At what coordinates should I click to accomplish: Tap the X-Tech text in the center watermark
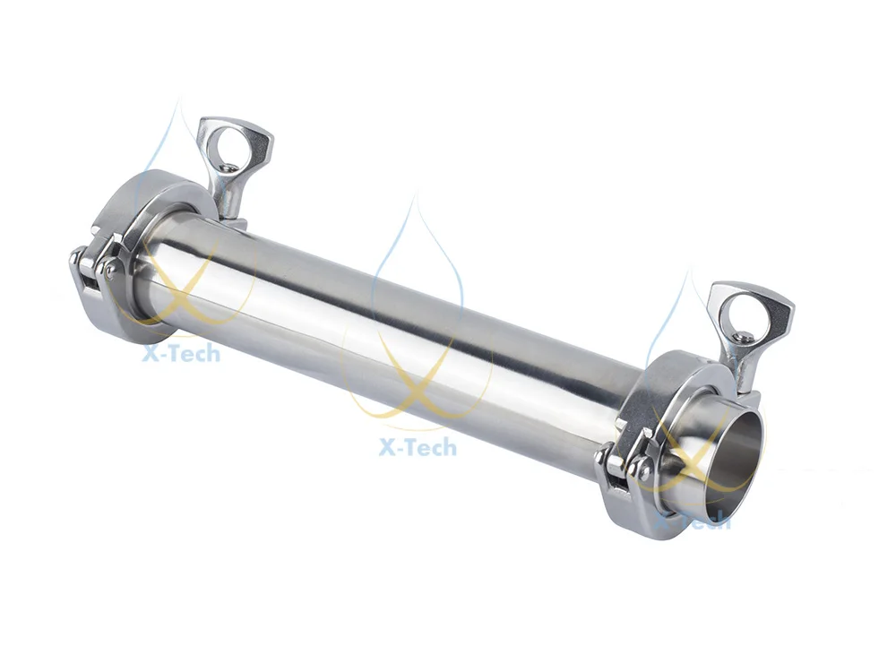(x=418, y=445)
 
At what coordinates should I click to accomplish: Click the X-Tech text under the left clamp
(x=179, y=353)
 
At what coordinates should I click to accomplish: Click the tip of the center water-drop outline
(x=414, y=199)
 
